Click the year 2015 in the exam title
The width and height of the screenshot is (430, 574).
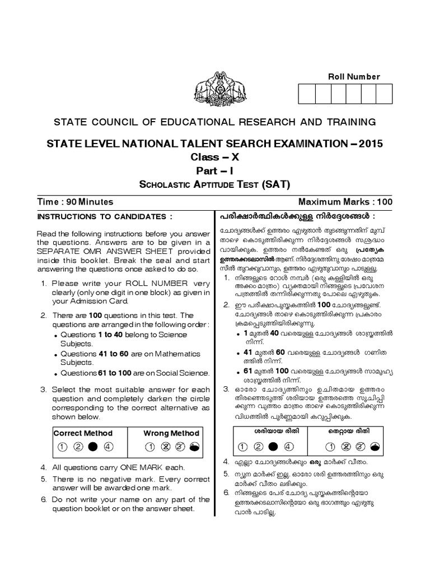click(367, 143)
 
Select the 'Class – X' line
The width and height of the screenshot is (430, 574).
click(215, 158)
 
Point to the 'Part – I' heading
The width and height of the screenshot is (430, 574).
click(215, 172)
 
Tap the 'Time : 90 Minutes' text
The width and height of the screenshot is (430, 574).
click(75, 202)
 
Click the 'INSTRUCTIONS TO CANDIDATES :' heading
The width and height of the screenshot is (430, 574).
click(104, 216)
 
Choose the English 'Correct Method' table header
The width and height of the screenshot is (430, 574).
click(83, 433)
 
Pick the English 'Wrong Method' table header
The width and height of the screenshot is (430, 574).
click(171, 433)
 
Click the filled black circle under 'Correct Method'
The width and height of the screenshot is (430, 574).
click(93, 447)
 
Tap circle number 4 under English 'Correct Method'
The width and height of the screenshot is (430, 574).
click(109, 447)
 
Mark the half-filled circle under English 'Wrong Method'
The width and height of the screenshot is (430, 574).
click(194, 447)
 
